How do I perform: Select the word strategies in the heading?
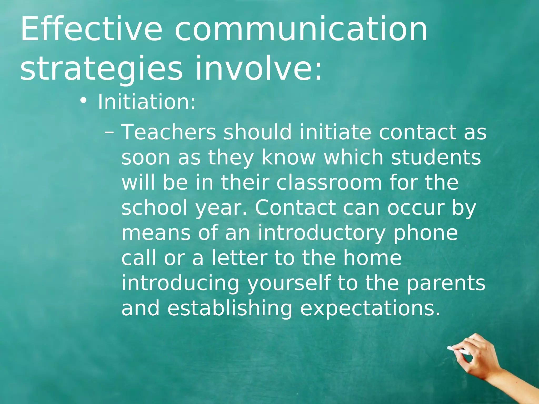click(101, 69)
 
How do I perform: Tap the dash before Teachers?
click(109, 132)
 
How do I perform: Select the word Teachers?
click(168, 132)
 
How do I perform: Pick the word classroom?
click(329, 183)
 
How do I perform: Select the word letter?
click(239, 258)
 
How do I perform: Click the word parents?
click(446, 283)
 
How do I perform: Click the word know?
click(288, 157)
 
